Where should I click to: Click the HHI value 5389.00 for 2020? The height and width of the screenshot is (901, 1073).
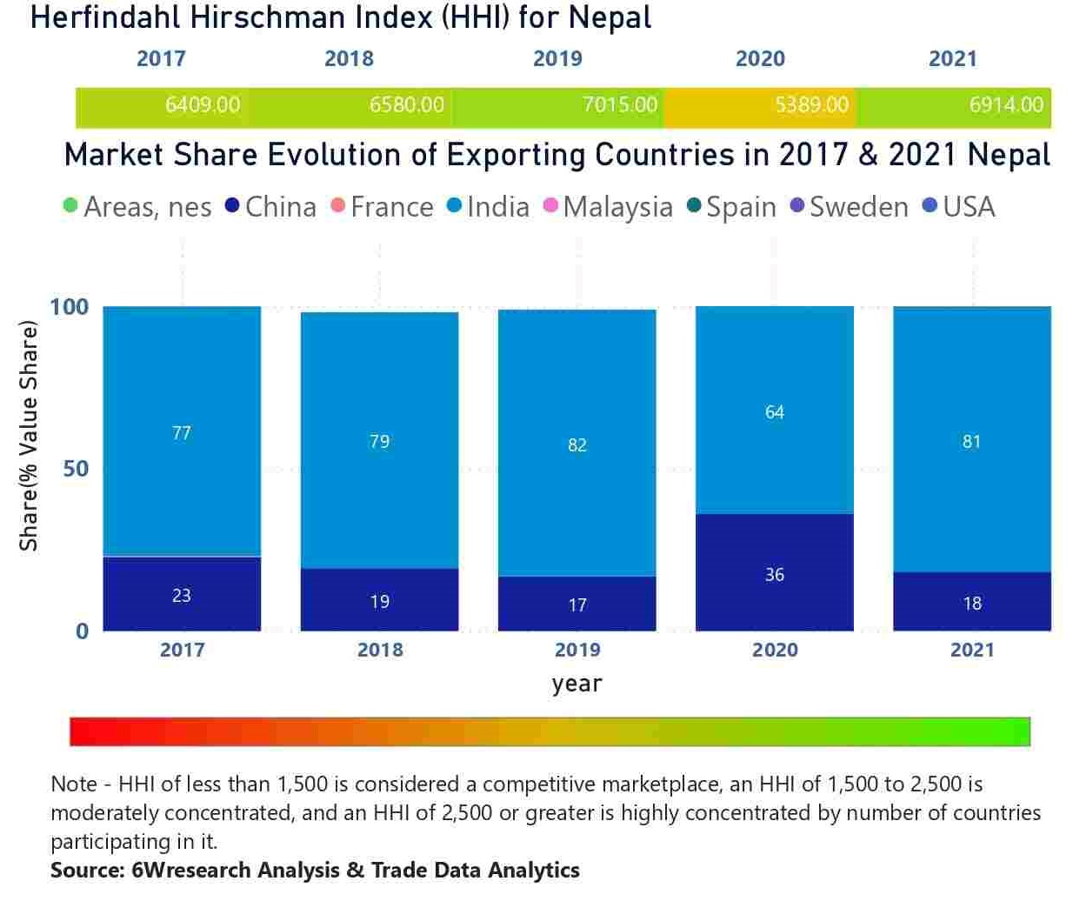[811, 105]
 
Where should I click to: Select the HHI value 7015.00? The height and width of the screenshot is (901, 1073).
[619, 105]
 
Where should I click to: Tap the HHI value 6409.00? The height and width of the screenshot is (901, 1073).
[203, 105]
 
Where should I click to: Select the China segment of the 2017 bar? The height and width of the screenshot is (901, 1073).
[182, 594]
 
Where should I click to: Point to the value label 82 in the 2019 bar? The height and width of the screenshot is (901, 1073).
[577, 445]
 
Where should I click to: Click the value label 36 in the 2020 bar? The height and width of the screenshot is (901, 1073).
[775, 575]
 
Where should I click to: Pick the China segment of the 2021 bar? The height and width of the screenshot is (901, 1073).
[972, 602]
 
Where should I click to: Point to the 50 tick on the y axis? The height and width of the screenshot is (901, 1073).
[76, 469]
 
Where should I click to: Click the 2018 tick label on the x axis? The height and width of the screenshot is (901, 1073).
[380, 650]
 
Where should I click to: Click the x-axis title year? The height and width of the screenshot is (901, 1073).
[576, 684]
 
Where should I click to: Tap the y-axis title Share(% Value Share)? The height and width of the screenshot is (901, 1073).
[30, 437]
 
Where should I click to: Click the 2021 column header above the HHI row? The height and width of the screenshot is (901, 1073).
[953, 58]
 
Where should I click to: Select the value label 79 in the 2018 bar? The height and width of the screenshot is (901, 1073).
[380, 442]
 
